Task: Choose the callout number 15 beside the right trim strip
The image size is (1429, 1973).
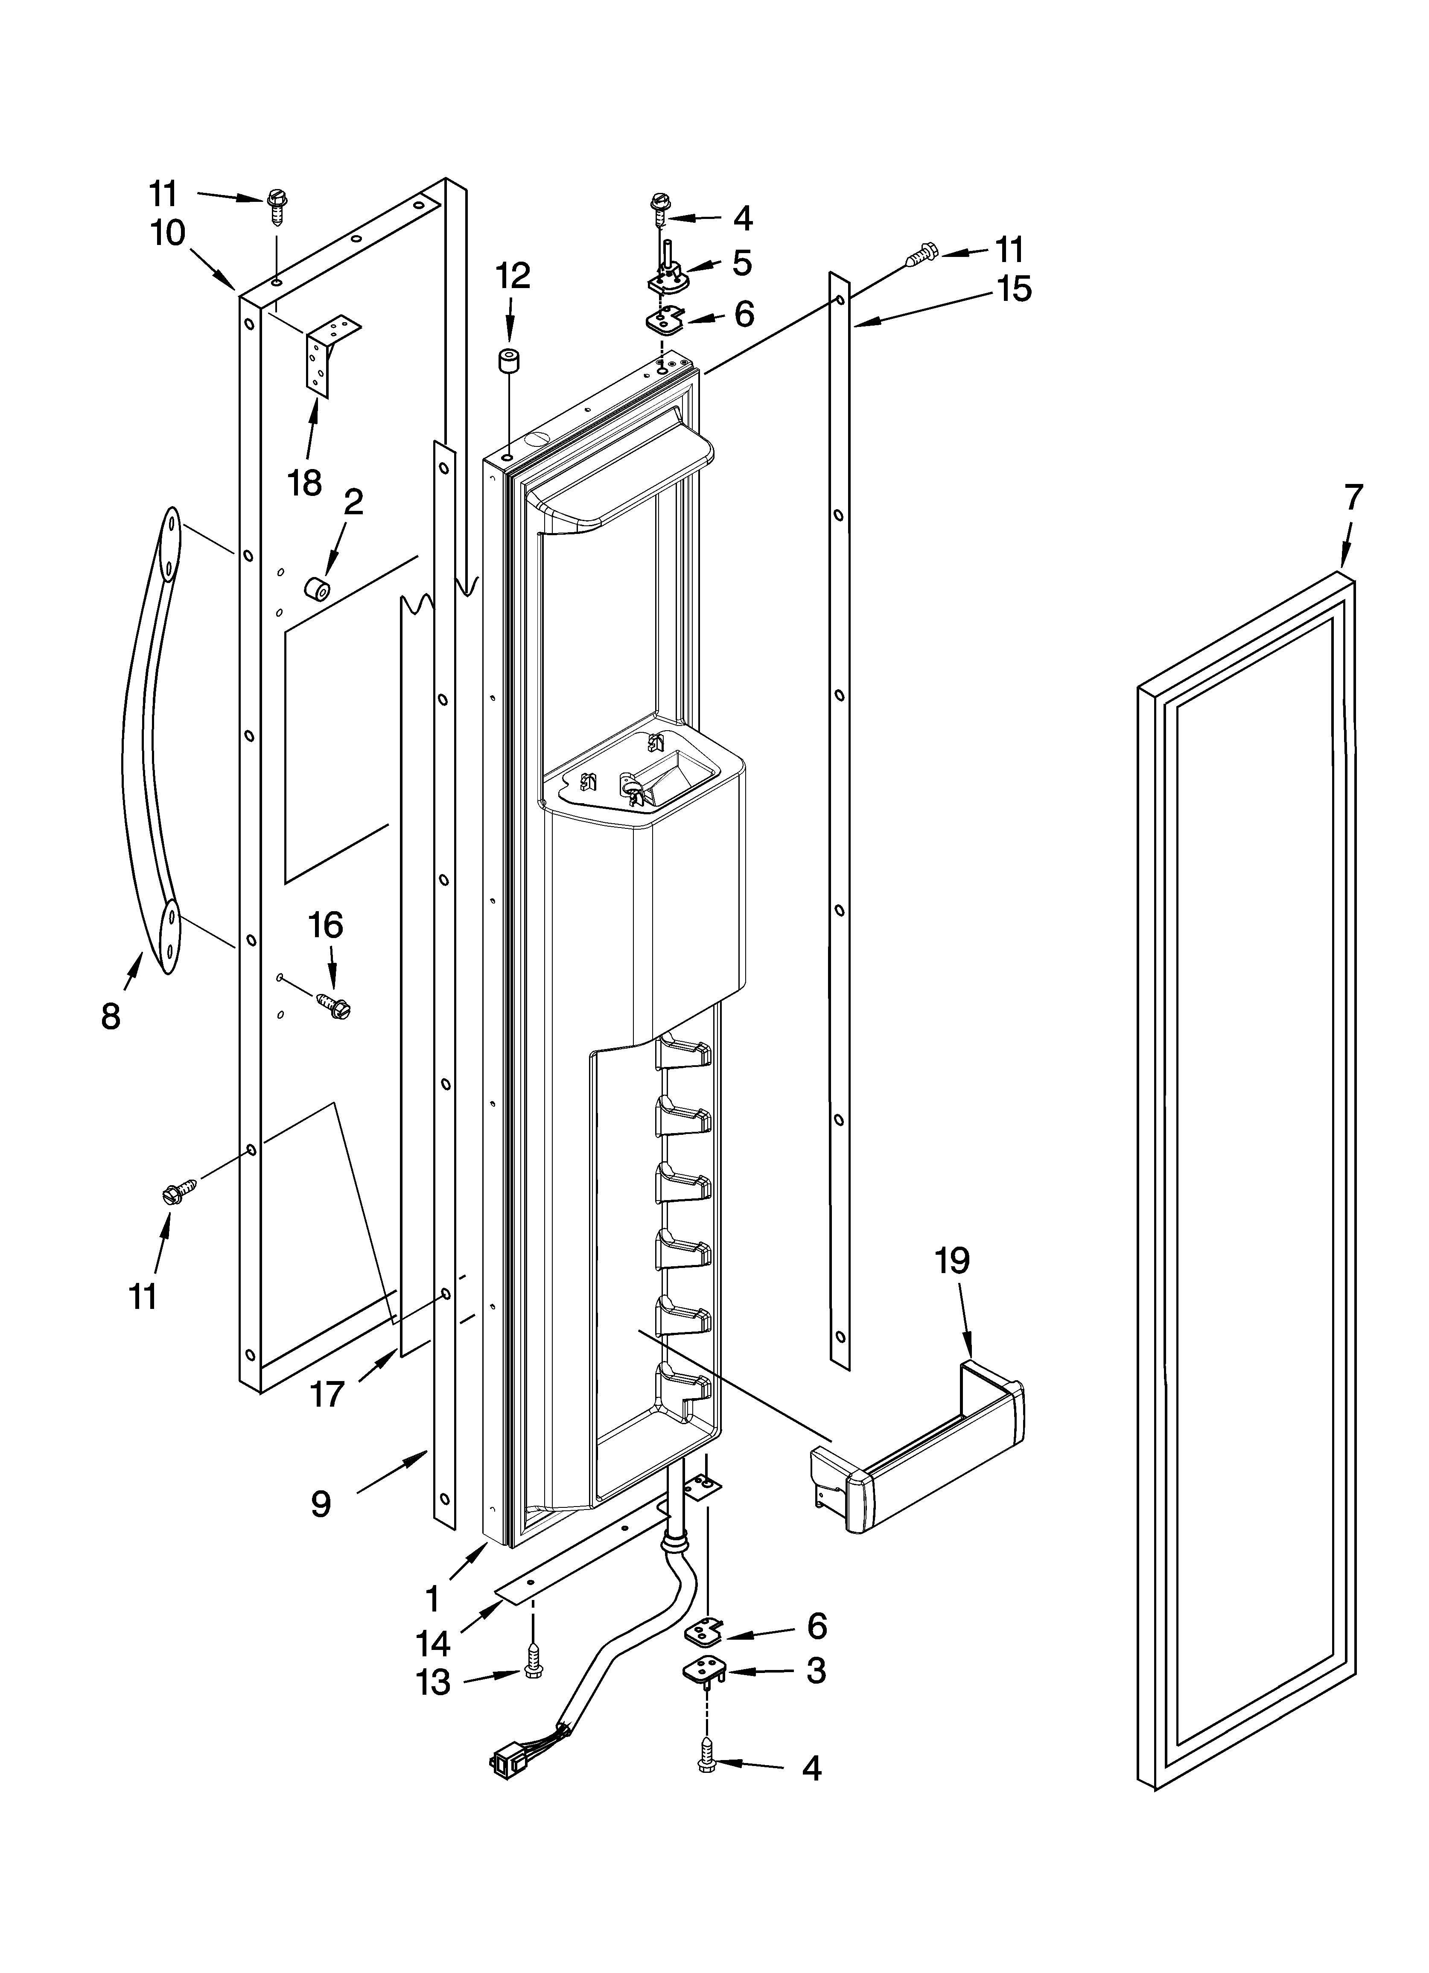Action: [x=1014, y=289]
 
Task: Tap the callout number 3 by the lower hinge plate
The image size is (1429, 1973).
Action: [x=816, y=1670]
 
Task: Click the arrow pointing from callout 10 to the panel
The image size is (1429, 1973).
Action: [x=213, y=268]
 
